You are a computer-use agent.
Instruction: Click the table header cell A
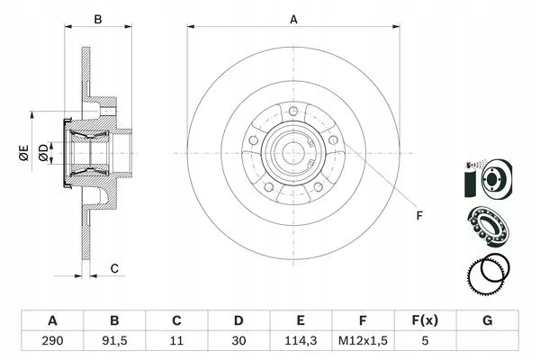[52, 320]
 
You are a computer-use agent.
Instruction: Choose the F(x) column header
[426, 320]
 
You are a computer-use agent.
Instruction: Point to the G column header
[488, 320]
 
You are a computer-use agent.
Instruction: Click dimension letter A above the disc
[293, 18]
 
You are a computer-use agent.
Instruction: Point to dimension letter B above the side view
[98, 18]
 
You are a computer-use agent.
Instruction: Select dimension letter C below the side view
[114, 267]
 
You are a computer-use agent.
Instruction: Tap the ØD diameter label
[41, 154]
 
